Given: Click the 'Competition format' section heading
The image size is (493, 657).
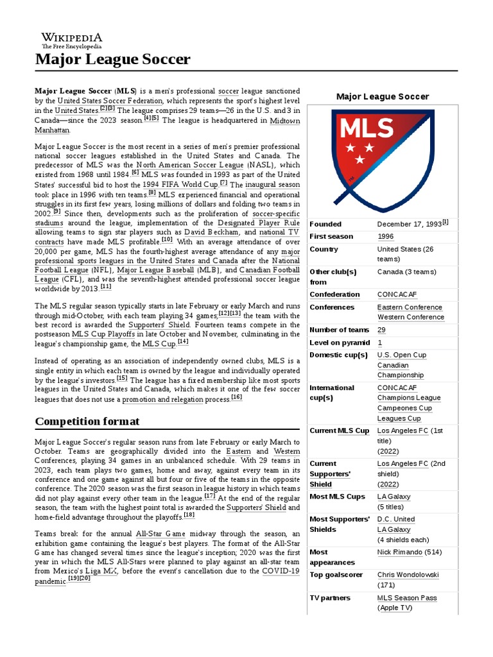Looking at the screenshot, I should point(87,422).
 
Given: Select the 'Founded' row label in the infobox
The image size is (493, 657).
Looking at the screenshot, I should point(325,224).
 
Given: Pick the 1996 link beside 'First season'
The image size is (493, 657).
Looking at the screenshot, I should point(386,236).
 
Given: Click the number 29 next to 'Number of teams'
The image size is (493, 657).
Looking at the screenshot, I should point(381,330).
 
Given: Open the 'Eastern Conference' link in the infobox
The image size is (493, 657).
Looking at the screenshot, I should point(410,307).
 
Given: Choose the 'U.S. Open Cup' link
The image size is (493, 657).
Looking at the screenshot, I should point(401,355).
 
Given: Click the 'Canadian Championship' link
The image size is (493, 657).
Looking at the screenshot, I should point(401,370).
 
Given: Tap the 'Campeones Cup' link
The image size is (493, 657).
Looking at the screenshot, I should point(404,408).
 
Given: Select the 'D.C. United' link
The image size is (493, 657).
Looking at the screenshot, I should point(396,519).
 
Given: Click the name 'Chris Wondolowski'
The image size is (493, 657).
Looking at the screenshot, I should point(408,575).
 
